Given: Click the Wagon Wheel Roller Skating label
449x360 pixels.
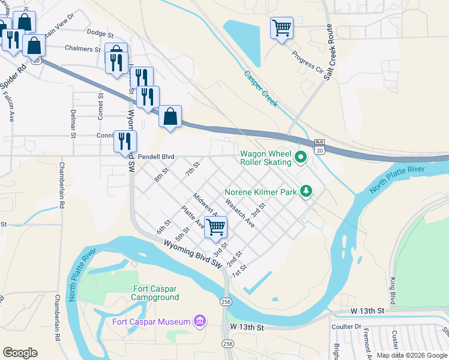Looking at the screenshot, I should [x=265, y=158].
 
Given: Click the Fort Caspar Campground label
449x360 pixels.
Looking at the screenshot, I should [x=155, y=293].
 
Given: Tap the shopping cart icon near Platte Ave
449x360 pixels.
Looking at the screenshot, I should [x=215, y=227].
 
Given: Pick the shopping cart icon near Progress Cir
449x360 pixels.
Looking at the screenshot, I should [x=281, y=28].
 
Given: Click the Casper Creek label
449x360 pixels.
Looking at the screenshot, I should [x=261, y=89].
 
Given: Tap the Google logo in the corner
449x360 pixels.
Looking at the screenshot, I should [x=20, y=353].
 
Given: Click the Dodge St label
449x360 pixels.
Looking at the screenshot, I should [x=100, y=34].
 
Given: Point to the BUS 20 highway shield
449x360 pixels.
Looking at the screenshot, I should [x=319, y=146].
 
